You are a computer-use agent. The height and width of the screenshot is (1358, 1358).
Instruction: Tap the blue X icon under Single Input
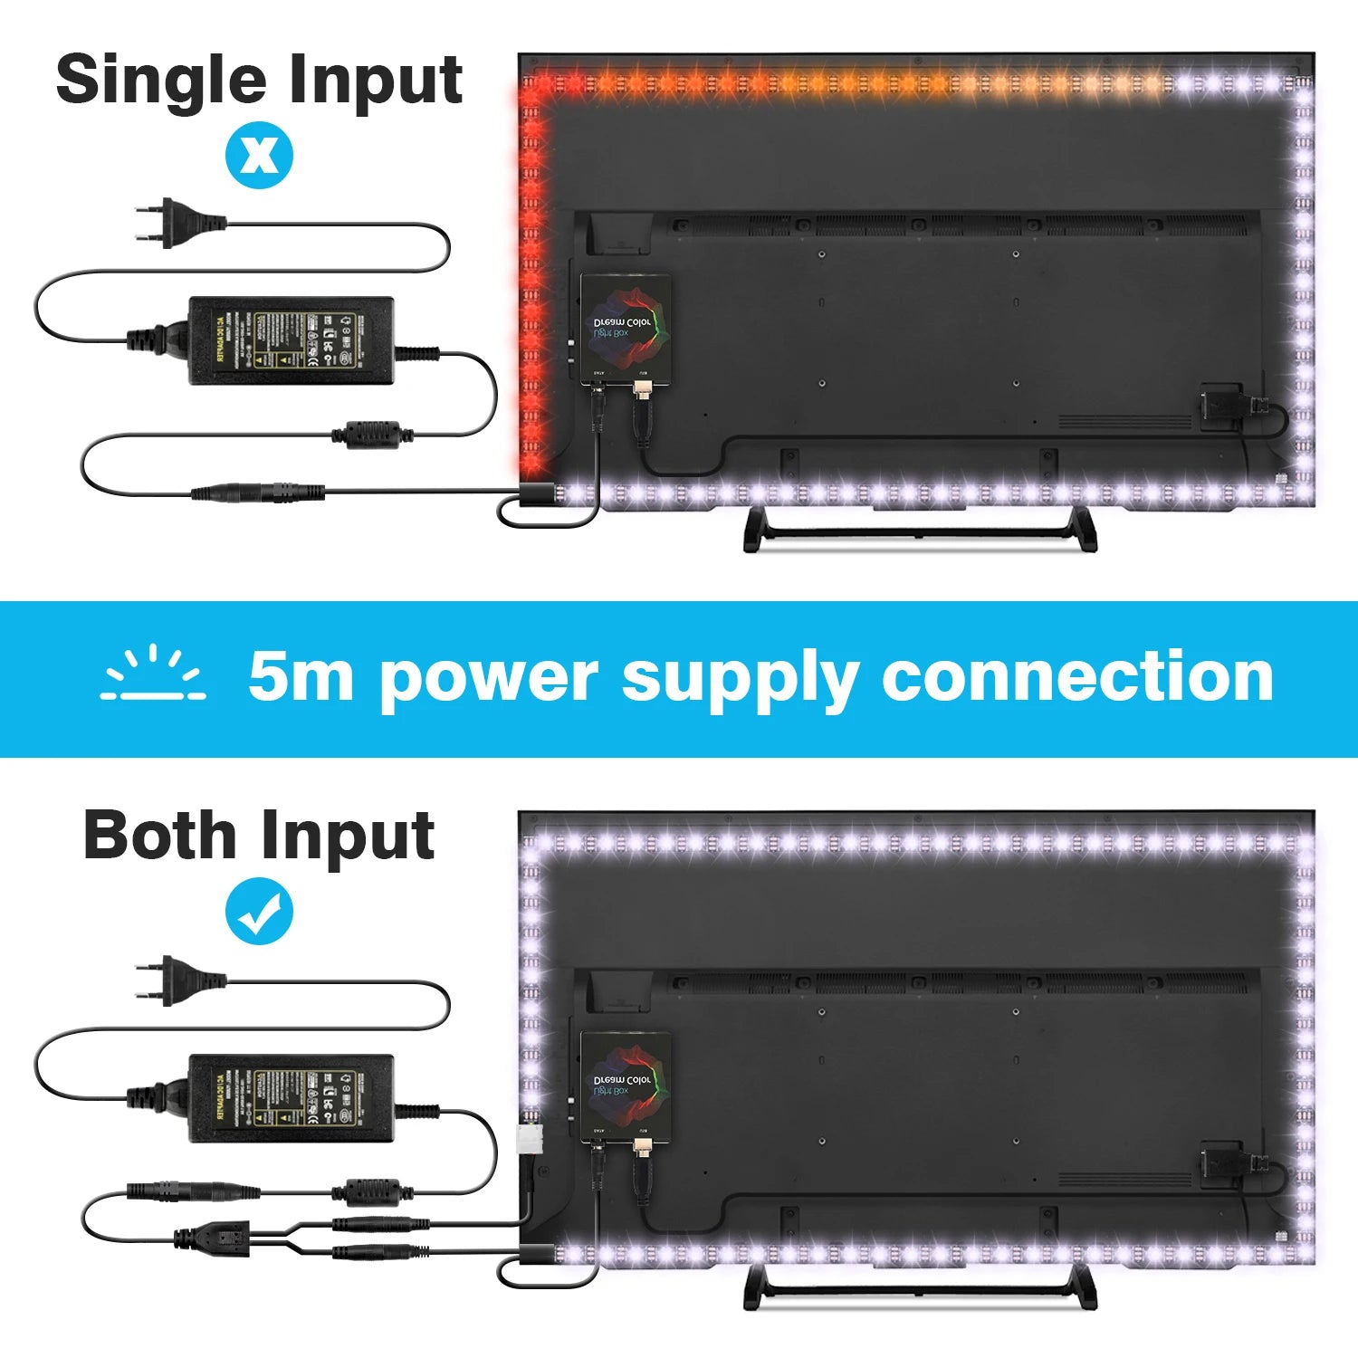click(x=259, y=156)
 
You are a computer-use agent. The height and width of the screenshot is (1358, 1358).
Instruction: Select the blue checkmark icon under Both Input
click(x=259, y=913)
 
